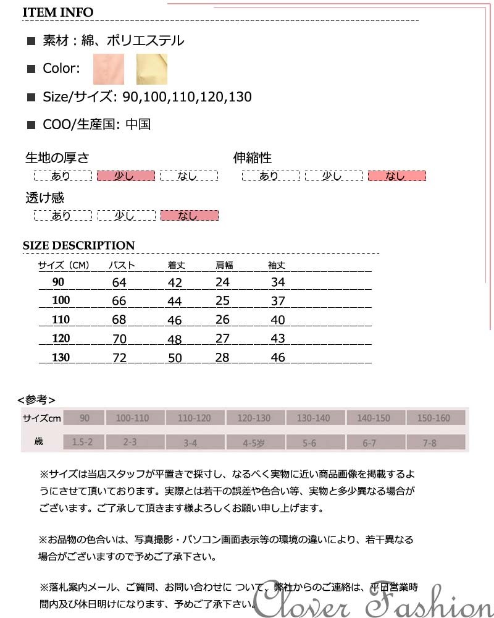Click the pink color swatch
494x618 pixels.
[109, 69]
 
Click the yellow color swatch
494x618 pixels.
[151, 69]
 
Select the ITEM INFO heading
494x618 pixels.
[58, 12]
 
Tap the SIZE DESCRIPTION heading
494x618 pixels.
[78, 245]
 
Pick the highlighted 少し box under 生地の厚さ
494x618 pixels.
[125, 176]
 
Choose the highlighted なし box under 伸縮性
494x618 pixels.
[396, 176]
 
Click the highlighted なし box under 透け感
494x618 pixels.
[189, 216]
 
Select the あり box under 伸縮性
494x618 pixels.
[269, 176]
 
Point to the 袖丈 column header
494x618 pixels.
[277, 266]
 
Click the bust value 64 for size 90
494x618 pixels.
[119, 282]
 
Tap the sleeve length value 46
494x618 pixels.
[278, 357]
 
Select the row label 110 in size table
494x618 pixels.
[61, 320]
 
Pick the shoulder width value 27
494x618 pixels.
[222, 339]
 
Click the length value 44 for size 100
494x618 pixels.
[175, 301]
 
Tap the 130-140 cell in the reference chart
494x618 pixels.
[314, 418]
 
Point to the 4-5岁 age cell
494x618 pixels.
[254, 442]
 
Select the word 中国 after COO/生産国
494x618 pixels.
[138, 124]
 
